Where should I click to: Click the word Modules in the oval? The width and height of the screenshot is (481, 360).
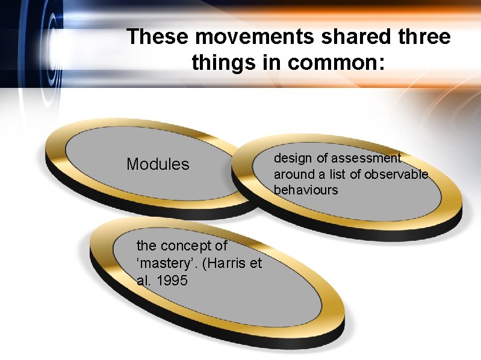click(158, 164)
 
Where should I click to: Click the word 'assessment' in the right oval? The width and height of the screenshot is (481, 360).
click(371, 158)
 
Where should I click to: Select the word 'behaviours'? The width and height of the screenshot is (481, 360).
click(306, 190)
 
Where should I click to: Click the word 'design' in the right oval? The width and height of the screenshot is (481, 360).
click(292, 158)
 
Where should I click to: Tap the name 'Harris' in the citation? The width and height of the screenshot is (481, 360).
click(226, 263)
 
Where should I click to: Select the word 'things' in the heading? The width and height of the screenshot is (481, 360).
click(217, 62)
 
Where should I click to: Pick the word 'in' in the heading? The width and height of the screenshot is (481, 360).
click(267, 62)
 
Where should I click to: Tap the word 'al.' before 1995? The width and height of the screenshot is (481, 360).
click(144, 281)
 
